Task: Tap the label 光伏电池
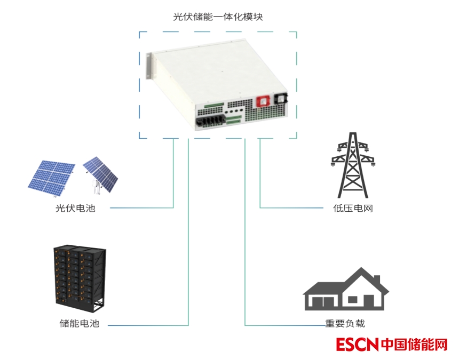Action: pos(75,208)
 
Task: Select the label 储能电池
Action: pos(80,324)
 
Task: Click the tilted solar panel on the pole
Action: pos(101,173)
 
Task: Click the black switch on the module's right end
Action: pos(281,99)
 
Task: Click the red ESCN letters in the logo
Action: pos(357,345)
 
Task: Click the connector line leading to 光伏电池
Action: pos(174,181)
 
